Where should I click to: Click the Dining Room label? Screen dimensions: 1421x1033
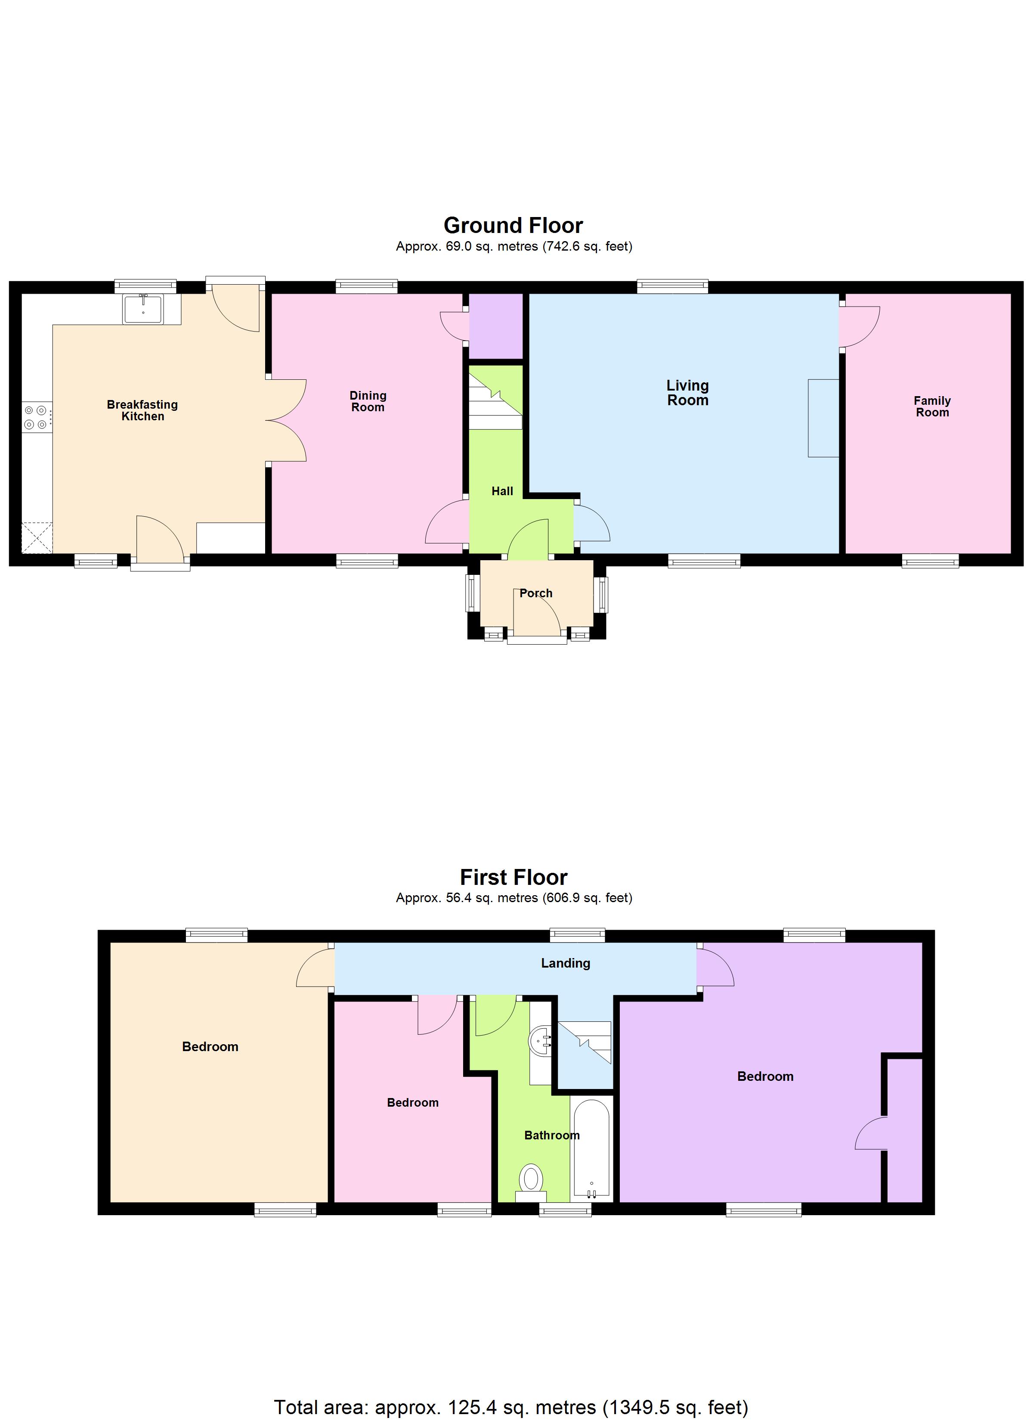coord(368,401)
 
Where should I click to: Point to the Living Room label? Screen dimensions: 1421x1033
coord(687,393)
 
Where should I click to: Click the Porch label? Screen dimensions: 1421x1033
coord(535,593)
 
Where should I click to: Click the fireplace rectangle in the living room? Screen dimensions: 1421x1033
coord(823,418)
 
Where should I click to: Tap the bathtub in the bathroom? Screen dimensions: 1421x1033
coord(591,1148)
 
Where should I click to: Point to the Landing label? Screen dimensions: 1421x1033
coord(565,963)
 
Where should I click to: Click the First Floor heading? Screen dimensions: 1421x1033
coord(513,877)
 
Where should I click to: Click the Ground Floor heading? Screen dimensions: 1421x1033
coord(513,225)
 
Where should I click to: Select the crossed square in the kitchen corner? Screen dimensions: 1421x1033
coord(37,537)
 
